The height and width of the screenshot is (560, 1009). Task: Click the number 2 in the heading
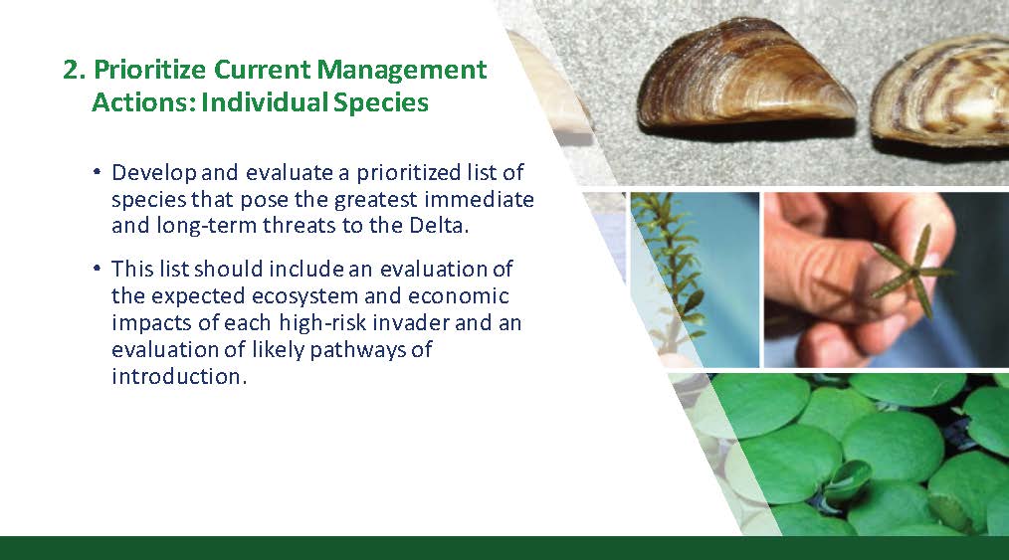(x=74, y=70)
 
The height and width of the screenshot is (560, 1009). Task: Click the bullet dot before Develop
(x=98, y=172)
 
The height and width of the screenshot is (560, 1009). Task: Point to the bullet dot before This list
(x=98, y=269)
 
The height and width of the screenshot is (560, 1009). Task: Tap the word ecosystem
(x=305, y=295)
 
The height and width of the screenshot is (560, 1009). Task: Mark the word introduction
(x=179, y=375)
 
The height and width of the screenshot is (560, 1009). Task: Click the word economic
(x=458, y=295)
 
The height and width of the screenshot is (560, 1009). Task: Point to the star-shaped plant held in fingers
(x=910, y=272)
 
